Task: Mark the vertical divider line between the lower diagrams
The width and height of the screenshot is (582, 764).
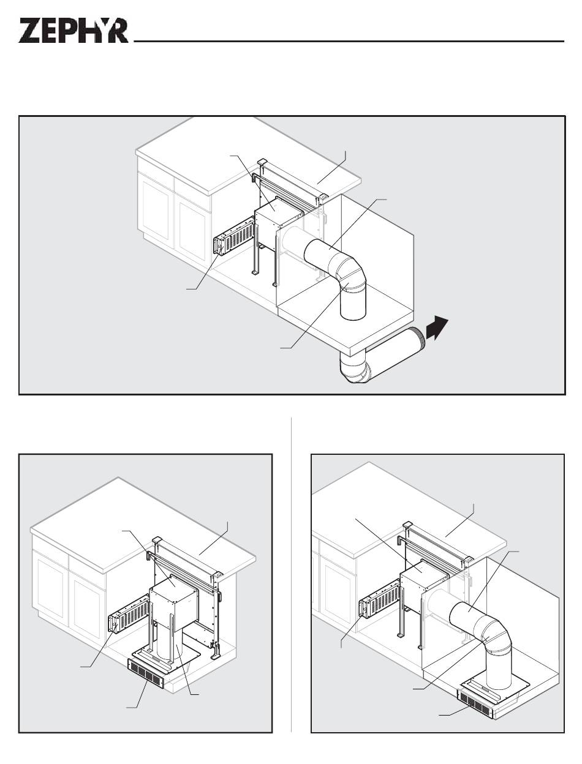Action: [291, 575]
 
